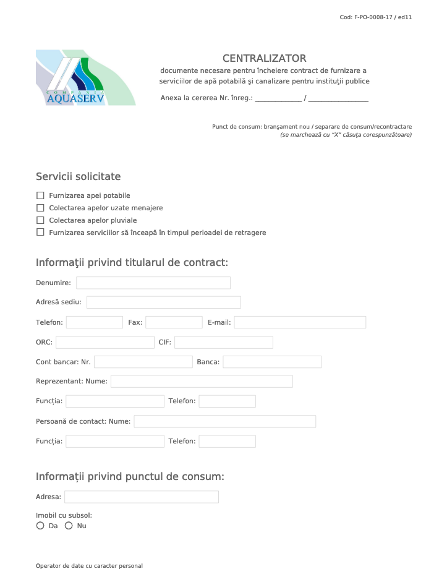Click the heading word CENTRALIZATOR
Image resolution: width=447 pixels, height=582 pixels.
tap(264, 59)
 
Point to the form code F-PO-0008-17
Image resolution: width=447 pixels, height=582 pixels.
tap(376, 17)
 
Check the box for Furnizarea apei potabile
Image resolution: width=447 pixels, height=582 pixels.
tap(41, 195)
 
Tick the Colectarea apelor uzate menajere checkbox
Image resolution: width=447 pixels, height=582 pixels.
tap(41, 208)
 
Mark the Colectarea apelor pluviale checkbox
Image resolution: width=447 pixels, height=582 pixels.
tap(41, 220)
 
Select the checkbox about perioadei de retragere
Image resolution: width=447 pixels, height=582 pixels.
tap(41, 233)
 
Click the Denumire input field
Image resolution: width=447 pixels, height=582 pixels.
tap(153, 283)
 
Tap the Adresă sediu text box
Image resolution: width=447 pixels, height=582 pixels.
tap(163, 302)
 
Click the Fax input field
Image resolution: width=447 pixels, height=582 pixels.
tap(174, 322)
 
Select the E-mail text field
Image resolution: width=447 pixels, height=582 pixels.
tap(299, 322)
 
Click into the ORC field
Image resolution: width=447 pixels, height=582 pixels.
tap(104, 343)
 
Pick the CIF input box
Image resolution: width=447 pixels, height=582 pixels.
tap(223, 343)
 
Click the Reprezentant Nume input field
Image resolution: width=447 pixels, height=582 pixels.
tap(202, 382)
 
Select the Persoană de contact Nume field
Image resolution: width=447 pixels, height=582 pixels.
tap(224, 422)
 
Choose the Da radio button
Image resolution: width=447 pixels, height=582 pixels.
tap(40, 526)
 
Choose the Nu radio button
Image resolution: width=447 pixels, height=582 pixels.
tap(69, 526)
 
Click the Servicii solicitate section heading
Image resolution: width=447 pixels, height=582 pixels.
tap(79, 177)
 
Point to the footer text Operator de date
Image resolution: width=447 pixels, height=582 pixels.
tap(89, 566)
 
